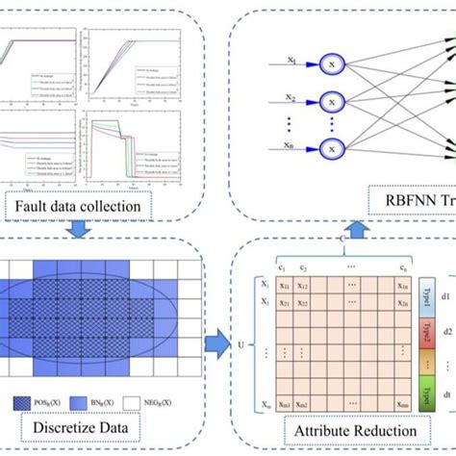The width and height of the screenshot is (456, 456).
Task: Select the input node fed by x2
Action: pos(331,100)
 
